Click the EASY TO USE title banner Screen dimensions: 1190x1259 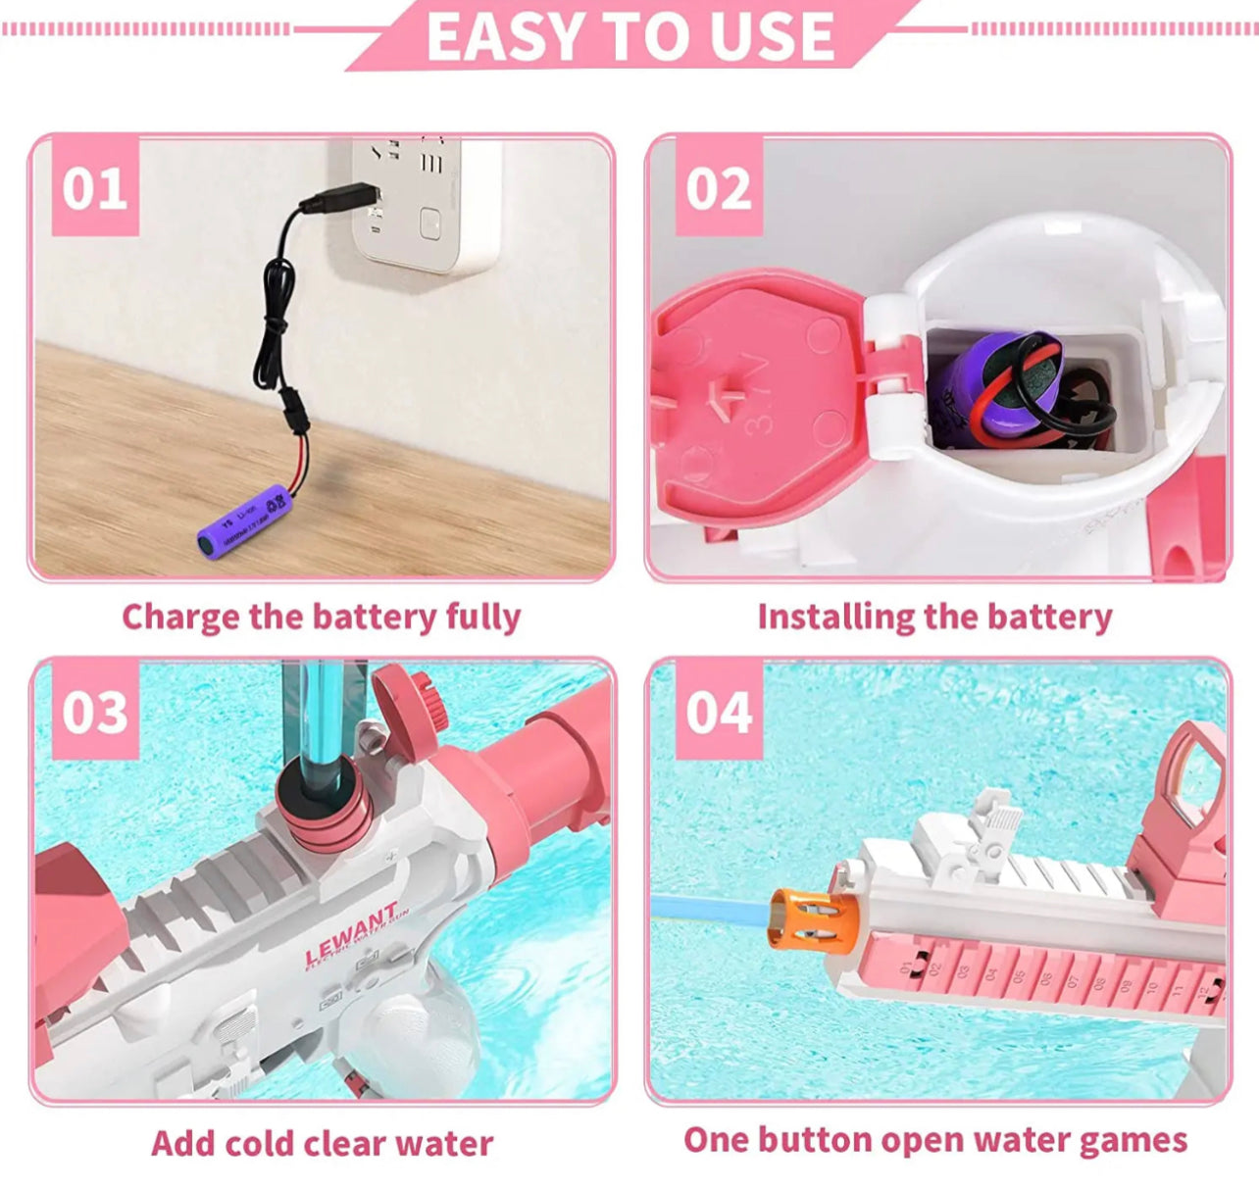pos(630,37)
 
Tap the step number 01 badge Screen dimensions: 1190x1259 pos(94,188)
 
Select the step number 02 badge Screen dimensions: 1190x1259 pos(719,188)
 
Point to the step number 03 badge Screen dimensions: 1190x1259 pos(94,713)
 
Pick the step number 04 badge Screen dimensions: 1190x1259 pos(719,713)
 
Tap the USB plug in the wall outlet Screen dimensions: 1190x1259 pos(339,199)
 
